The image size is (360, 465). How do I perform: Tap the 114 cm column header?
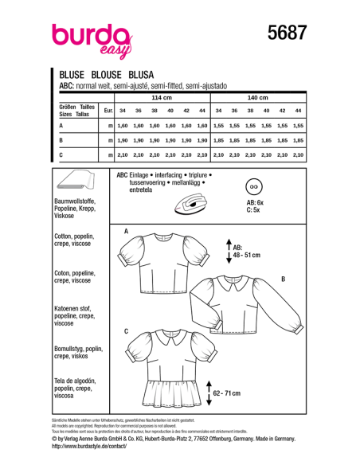point(162,97)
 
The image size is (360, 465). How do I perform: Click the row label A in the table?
point(61,126)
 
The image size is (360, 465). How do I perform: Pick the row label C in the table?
point(61,153)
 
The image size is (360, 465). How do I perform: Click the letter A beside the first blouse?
point(126,230)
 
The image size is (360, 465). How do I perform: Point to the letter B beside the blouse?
point(282,279)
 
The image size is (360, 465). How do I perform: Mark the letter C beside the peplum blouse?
point(126,330)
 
